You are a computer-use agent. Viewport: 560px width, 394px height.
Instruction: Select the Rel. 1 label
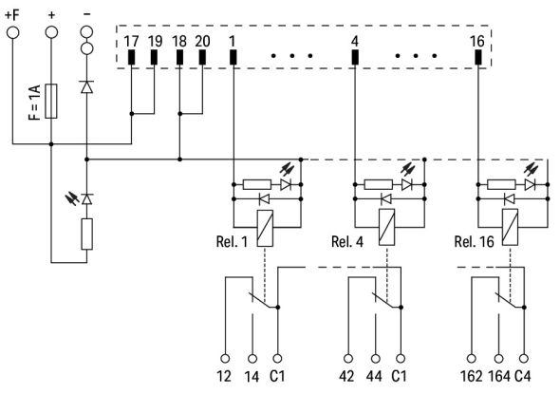[231, 240]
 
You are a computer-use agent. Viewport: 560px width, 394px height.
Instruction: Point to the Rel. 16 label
[474, 240]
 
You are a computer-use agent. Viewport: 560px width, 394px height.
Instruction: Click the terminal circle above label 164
[496, 358]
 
